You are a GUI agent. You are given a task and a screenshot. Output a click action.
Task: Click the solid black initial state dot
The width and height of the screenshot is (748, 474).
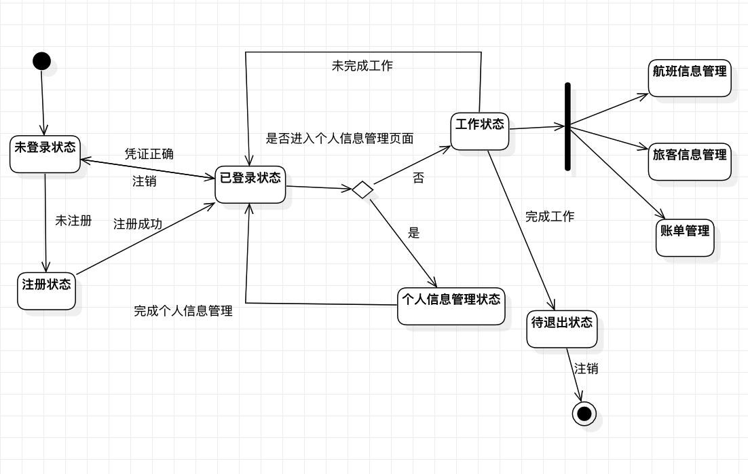41,61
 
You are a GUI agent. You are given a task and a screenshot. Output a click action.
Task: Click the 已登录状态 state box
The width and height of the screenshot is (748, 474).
250,184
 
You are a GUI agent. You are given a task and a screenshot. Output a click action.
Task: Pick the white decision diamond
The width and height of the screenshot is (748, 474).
362,189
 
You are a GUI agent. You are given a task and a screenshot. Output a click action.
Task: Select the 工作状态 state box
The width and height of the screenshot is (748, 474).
480,130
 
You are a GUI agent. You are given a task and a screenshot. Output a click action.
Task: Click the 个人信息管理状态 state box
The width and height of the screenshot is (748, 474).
451,306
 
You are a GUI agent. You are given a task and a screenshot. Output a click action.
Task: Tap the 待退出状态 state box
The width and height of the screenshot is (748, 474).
561,329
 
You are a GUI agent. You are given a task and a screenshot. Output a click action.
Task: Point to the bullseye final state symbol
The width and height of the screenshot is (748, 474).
584,413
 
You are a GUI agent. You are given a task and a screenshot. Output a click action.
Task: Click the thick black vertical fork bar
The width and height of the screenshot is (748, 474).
567,126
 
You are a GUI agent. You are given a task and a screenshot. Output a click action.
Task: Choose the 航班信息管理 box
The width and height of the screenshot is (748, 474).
689,77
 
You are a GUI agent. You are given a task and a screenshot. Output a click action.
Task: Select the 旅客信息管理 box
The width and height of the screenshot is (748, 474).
689,162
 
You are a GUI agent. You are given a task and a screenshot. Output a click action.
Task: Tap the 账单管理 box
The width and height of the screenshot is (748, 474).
685,238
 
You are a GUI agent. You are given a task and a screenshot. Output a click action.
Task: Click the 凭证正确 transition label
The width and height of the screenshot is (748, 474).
149,154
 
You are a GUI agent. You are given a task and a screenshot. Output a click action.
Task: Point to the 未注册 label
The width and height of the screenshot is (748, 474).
73,221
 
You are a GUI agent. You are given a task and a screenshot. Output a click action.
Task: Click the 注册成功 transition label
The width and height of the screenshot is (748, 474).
137,224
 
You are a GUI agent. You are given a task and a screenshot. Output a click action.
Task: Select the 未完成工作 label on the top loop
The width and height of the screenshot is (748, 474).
362,66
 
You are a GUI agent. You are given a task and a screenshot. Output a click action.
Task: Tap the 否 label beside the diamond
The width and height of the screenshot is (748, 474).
418,179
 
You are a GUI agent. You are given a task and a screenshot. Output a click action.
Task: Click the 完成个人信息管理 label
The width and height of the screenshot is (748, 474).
183,311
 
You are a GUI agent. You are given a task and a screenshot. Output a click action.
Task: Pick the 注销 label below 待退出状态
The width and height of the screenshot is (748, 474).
586,369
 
